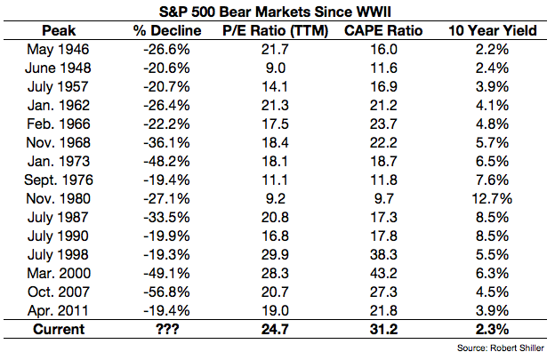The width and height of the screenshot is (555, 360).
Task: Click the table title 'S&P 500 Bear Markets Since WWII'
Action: click(x=277, y=11)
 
